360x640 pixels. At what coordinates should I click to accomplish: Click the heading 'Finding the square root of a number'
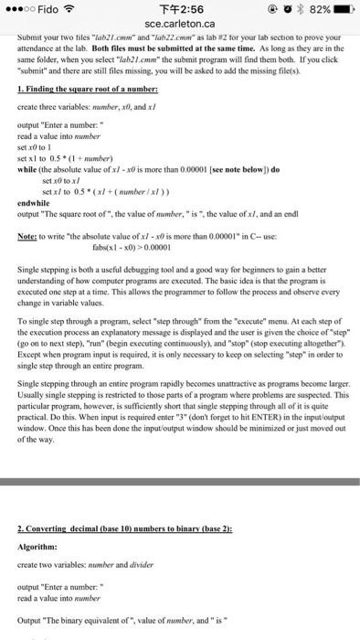88,89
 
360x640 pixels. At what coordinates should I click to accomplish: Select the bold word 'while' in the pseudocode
27,170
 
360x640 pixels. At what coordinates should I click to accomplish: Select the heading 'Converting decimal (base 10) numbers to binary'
125,530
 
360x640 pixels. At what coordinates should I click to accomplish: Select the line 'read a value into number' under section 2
58,598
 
